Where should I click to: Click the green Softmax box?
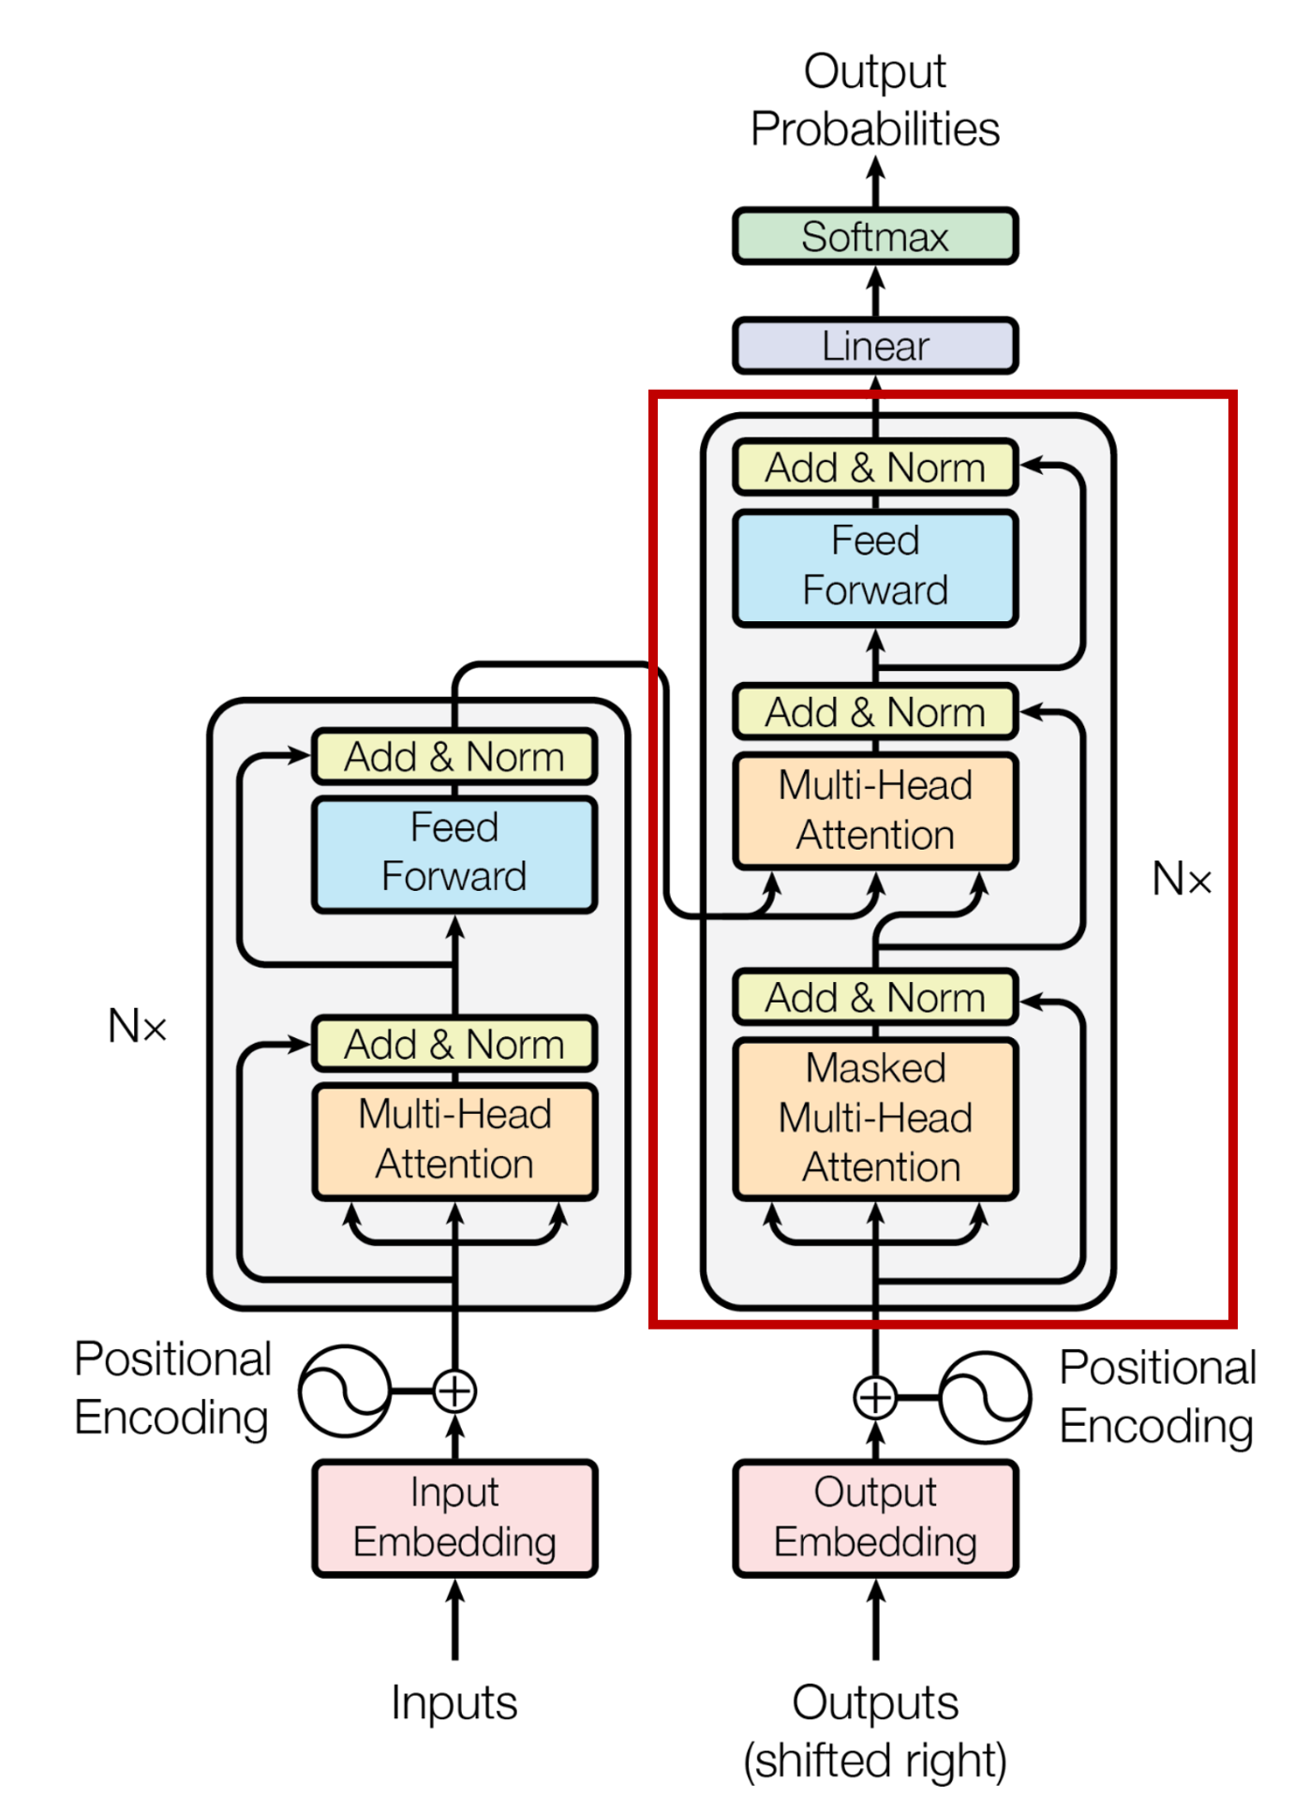click(x=875, y=236)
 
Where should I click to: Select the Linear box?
click(x=875, y=346)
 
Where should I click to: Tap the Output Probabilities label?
click(x=875, y=100)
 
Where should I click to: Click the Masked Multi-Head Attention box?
click(x=875, y=1118)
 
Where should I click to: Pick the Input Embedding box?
click(x=454, y=1517)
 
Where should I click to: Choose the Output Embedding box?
click(x=875, y=1517)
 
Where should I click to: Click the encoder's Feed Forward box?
click(x=454, y=853)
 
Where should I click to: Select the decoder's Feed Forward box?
click(x=875, y=566)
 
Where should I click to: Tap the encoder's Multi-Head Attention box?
click(x=454, y=1139)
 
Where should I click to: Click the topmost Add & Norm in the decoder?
click(x=875, y=468)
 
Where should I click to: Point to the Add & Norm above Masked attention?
click(x=875, y=997)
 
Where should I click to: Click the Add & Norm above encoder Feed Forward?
click(x=454, y=756)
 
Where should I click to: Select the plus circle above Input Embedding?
click(x=455, y=1391)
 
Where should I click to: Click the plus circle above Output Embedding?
click(x=875, y=1397)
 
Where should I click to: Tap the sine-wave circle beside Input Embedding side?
click(x=344, y=1391)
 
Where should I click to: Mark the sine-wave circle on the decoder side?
click(x=985, y=1397)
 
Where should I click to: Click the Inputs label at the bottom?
click(x=454, y=1702)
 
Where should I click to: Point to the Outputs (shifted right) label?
click(x=875, y=1730)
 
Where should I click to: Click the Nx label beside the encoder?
click(x=137, y=1026)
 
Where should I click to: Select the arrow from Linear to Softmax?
click(x=875, y=290)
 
